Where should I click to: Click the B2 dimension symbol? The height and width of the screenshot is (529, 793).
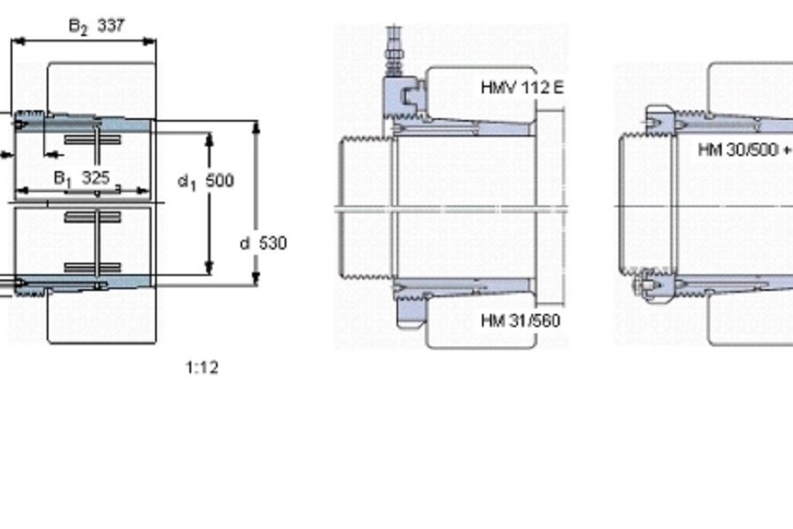point(78,26)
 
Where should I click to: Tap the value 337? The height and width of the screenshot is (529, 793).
point(110,25)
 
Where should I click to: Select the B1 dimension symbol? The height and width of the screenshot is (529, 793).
point(63,179)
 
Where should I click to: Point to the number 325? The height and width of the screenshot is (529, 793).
point(95,178)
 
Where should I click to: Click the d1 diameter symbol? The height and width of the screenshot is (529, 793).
point(187,182)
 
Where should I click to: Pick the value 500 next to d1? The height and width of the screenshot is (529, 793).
point(220,181)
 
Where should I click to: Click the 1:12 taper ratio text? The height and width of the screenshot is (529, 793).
point(203,368)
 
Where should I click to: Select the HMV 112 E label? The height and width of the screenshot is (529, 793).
point(522,87)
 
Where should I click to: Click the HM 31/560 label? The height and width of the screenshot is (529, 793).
point(521,320)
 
